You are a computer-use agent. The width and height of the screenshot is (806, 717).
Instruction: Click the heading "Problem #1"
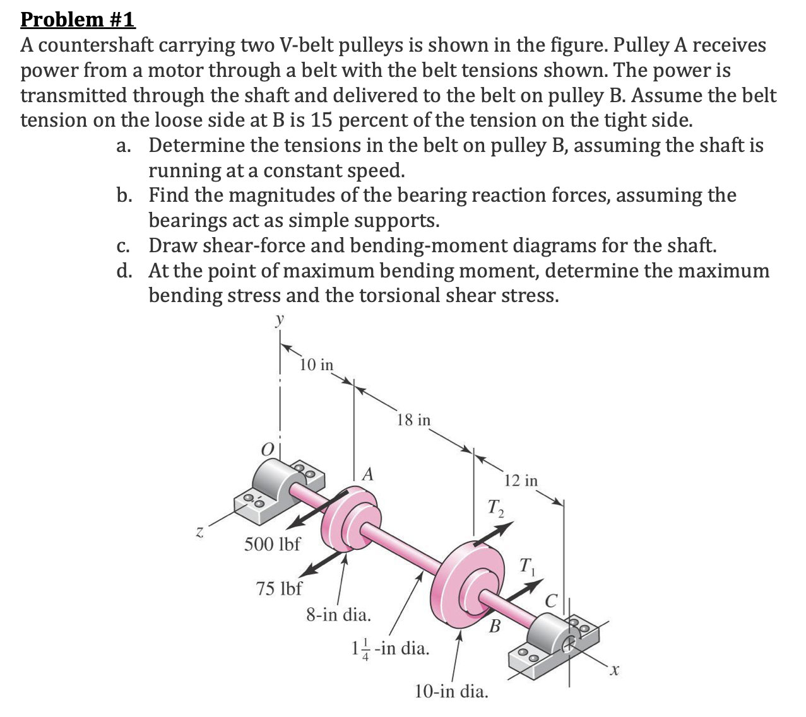tap(78, 19)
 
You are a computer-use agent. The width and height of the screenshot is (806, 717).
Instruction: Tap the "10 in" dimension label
tap(317, 365)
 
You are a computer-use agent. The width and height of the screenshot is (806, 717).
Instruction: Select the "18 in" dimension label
tap(414, 419)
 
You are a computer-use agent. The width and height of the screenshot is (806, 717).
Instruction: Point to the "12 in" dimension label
tap(522, 481)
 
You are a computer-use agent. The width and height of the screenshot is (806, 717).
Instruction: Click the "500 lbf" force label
tap(273, 544)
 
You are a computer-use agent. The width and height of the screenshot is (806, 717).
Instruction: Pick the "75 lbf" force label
tap(279, 589)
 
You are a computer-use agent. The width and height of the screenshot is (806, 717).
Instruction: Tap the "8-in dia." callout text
tap(338, 614)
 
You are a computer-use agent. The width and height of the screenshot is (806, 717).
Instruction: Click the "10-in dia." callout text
tap(451, 691)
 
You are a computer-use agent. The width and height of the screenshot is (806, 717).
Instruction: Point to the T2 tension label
tap(495, 506)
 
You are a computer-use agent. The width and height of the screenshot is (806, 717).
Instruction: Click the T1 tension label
tap(528, 565)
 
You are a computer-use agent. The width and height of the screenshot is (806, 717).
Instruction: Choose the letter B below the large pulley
tap(495, 627)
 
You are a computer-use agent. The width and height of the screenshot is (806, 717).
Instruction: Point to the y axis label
tap(278, 320)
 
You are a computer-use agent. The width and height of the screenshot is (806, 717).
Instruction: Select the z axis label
tap(199, 532)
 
